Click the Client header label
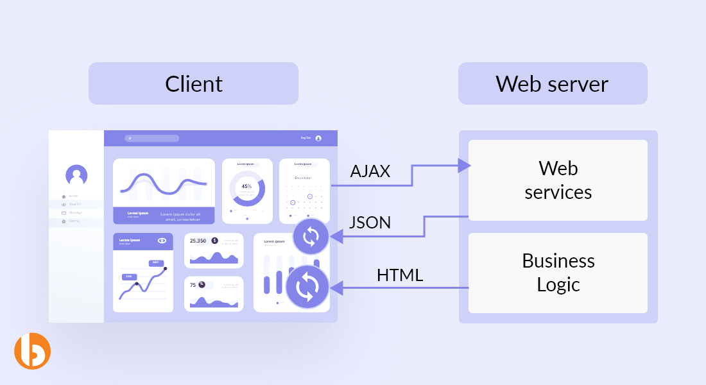coord(193,83)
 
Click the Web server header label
coord(552,83)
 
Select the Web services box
coord(558,180)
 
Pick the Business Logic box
coord(558,273)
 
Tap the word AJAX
coord(370,171)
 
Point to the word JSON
coord(370,222)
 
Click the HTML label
coord(400,275)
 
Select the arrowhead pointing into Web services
coord(465,166)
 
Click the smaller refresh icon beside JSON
coord(311,237)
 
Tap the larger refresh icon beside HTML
coord(307,287)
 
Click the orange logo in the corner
coord(32,351)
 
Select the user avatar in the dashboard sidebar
coord(76,175)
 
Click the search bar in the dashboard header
coord(152,138)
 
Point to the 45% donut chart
coord(246,187)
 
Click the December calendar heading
coord(304,178)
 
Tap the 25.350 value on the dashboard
coord(198,241)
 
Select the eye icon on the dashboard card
coord(162,241)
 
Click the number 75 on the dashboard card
coord(193,285)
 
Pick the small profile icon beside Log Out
coord(318,138)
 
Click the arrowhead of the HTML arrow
coord(336,288)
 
